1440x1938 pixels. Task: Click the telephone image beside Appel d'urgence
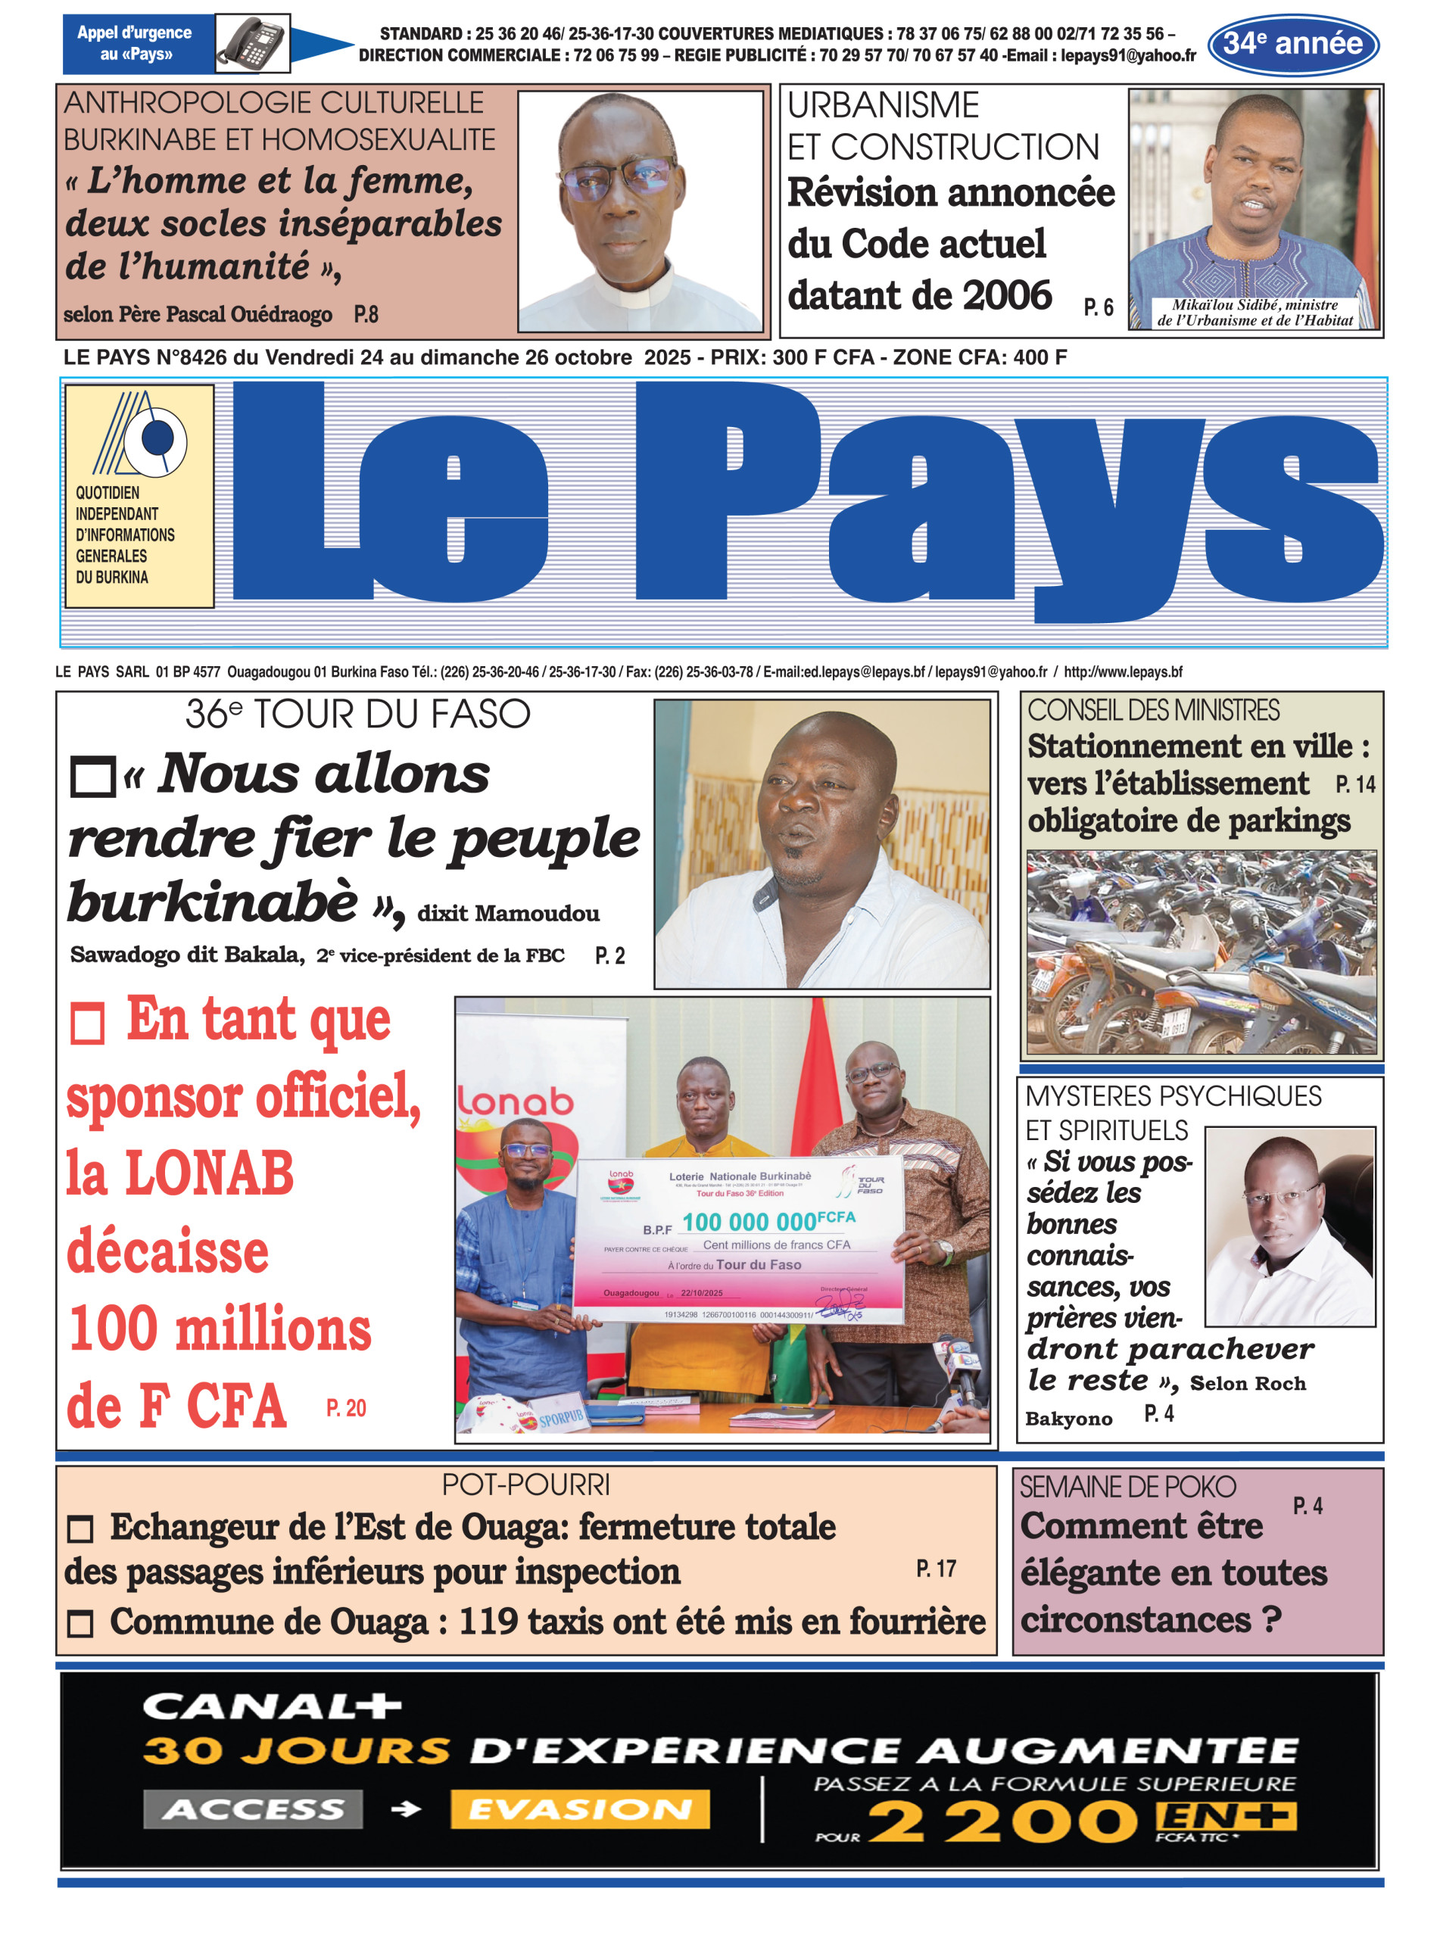(x=252, y=42)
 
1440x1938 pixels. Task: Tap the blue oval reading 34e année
(x=1292, y=44)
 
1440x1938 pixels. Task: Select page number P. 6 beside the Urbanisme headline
(x=1099, y=307)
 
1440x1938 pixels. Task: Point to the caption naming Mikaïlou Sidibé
(x=1255, y=312)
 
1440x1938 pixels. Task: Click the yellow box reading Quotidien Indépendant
(x=139, y=495)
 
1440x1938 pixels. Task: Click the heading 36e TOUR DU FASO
(x=357, y=714)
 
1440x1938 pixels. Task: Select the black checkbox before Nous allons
(x=92, y=777)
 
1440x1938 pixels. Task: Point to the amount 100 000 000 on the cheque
(x=749, y=1221)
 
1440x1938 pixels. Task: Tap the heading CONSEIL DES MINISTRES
(x=1152, y=710)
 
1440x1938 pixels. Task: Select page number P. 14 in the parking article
(x=1354, y=784)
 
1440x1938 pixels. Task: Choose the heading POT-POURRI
(x=525, y=1485)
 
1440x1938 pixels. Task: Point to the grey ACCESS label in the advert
(x=253, y=1810)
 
